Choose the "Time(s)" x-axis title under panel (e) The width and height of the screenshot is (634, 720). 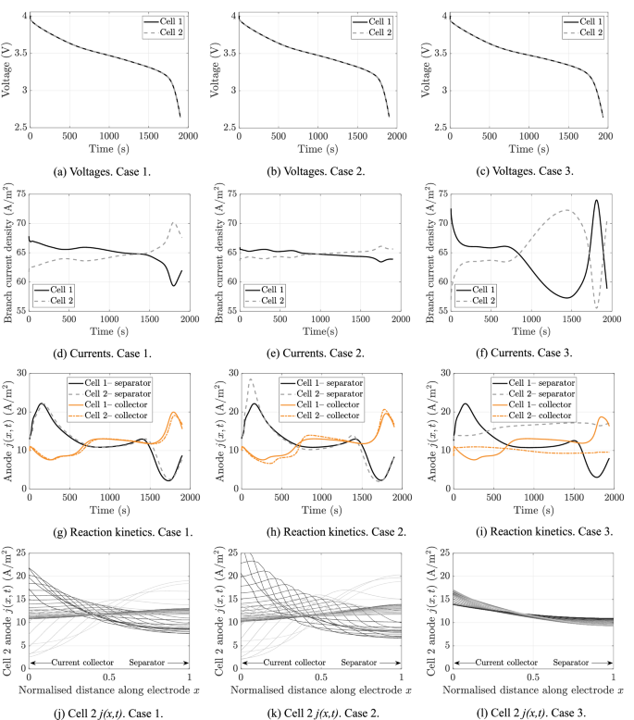click(x=318, y=329)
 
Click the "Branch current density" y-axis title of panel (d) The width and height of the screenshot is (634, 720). click(x=8, y=250)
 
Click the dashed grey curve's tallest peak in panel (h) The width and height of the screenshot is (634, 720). click(x=251, y=379)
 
